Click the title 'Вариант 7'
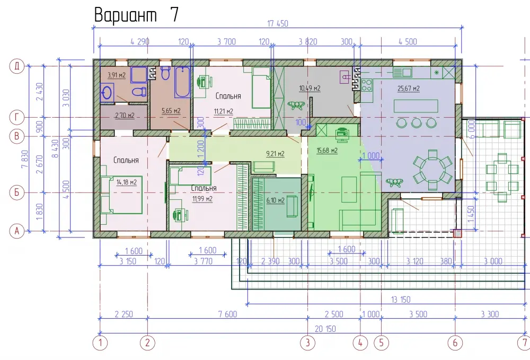pos(136,15)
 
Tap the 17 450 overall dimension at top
pos(278,23)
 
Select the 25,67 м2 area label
pos(408,89)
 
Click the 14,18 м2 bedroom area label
pos(127,182)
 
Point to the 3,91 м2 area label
pos(116,75)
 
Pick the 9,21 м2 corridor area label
pos(275,153)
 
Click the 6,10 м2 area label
pos(275,200)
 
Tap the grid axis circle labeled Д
pos(16,66)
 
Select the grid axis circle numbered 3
pos(307,343)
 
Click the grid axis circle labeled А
pos(16,231)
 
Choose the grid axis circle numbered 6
pos(455,343)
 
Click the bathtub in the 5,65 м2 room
pos(182,82)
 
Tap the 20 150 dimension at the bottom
pos(325,329)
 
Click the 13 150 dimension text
pos(401,300)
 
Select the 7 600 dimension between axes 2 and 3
pos(227,314)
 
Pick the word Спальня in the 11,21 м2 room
pos(228,96)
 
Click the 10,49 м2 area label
pos(310,88)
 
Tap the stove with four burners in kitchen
pos(366,85)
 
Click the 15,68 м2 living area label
pos(327,150)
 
